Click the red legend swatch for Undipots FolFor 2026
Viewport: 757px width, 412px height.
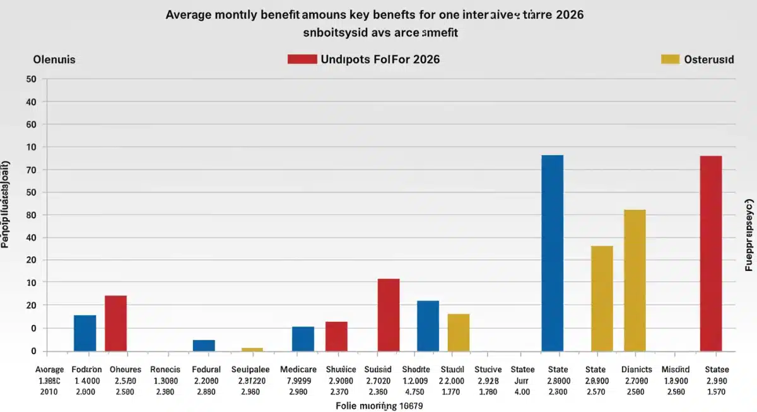pyautogui.click(x=302, y=59)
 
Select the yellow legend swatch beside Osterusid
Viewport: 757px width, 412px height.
pyautogui.click(x=669, y=59)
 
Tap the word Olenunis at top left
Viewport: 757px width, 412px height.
pyautogui.click(x=54, y=60)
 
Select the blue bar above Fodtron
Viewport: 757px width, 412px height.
pyautogui.click(x=85, y=333)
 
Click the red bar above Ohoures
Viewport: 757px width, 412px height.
pyautogui.click(x=115, y=323)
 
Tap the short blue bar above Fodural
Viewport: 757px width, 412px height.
pyautogui.click(x=204, y=345)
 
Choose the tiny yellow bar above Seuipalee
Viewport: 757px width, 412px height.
pyautogui.click(x=252, y=349)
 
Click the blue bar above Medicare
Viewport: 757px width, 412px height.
pyautogui.click(x=303, y=338)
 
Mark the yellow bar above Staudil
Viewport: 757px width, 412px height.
pyautogui.click(x=459, y=332)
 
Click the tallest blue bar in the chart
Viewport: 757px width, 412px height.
pyautogui.click(x=553, y=253)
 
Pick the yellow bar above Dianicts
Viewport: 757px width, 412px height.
pyautogui.click(x=635, y=280)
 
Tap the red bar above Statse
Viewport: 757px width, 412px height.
pyautogui.click(x=711, y=253)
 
